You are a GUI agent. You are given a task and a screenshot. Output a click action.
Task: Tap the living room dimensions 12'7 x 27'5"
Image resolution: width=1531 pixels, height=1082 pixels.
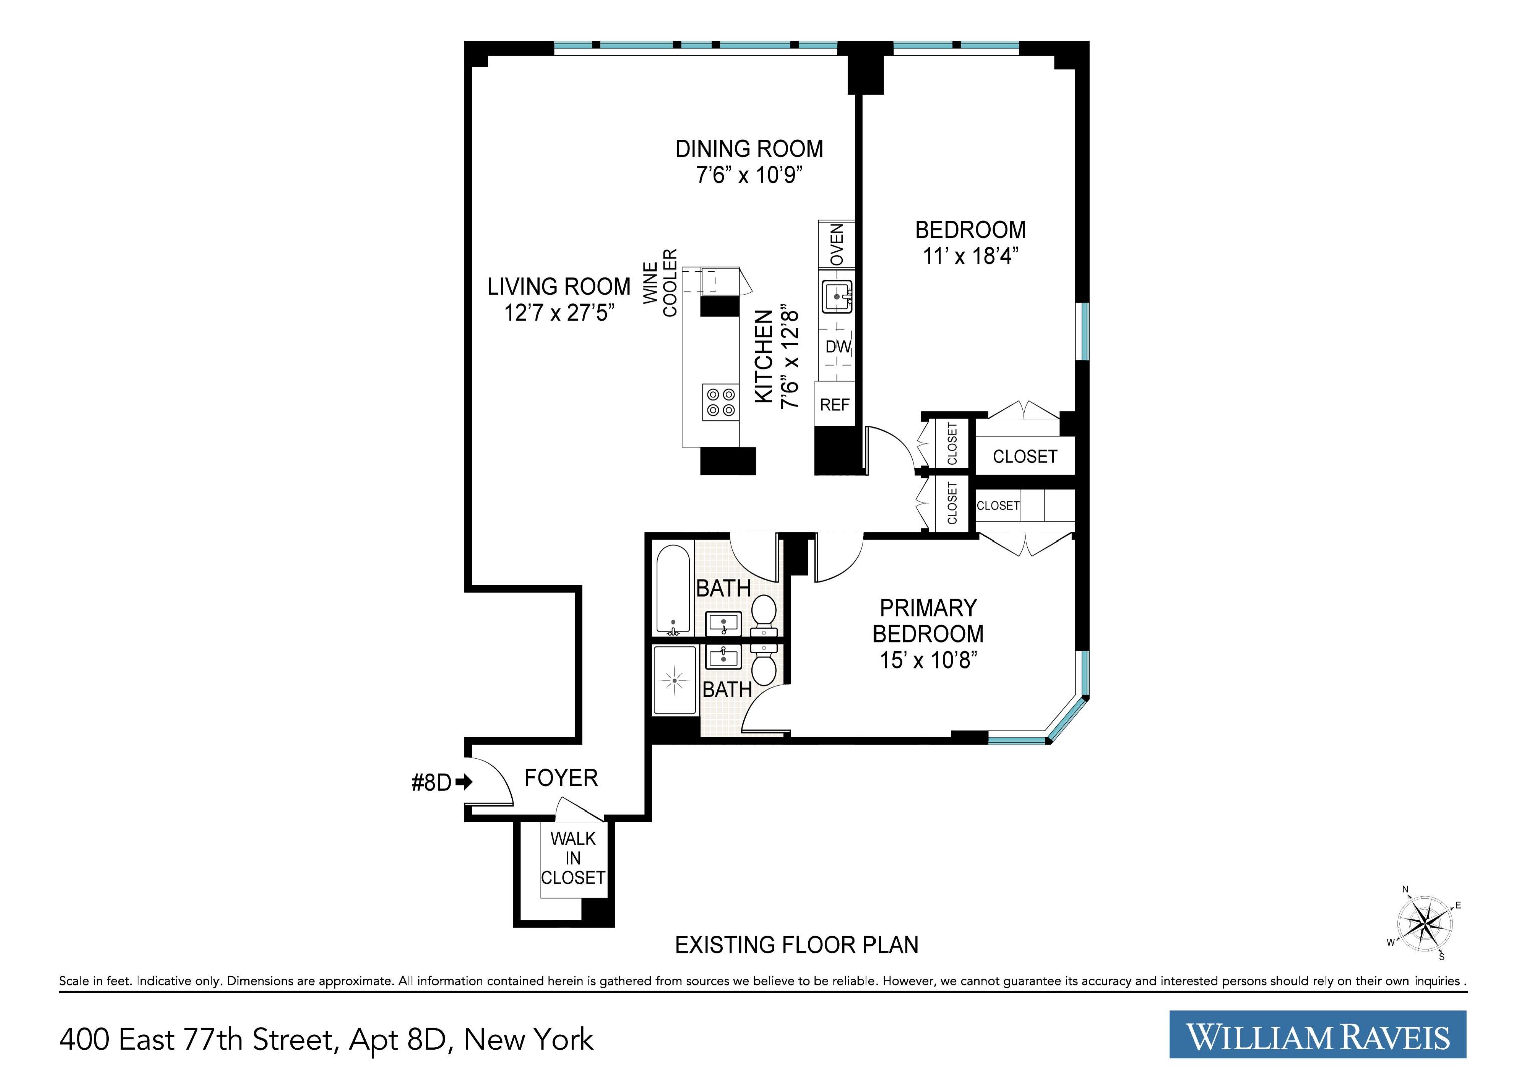click(559, 313)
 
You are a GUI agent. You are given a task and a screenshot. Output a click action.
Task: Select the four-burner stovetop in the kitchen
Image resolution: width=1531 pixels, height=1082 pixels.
click(721, 402)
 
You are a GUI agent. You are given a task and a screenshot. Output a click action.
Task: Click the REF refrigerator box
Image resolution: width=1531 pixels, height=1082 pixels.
click(835, 405)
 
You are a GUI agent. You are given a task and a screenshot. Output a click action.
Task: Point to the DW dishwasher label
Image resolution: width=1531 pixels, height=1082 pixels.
click(838, 347)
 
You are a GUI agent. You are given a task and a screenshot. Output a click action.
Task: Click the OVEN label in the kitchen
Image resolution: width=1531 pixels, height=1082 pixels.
click(837, 244)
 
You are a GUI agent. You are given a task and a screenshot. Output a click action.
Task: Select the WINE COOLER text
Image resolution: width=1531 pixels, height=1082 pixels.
click(660, 284)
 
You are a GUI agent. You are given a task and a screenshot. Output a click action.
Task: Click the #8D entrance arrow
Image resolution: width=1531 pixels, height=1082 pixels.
click(464, 782)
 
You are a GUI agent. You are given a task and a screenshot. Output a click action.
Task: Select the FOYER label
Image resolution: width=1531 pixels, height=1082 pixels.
click(561, 778)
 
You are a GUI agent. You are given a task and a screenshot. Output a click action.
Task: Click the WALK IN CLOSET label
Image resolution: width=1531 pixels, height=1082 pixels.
click(573, 858)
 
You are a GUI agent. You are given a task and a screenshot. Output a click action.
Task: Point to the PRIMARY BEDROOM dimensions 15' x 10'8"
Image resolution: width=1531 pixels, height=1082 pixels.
click(928, 660)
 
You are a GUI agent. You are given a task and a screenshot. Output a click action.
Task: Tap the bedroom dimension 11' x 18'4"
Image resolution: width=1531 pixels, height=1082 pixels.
click(971, 256)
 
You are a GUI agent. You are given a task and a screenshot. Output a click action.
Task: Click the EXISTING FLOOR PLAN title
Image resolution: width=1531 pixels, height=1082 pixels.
click(796, 945)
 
